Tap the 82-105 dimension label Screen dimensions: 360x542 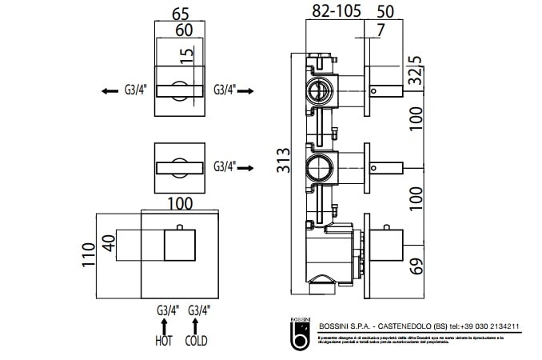coord(336,10)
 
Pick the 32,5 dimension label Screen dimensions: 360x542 coord(415,71)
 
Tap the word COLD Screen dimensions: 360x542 coord(197,341)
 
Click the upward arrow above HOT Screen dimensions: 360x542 coord(165,325)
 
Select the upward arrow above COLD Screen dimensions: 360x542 coord(196,325)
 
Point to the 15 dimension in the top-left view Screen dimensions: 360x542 coord(185,57)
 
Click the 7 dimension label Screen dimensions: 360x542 coord(380,30)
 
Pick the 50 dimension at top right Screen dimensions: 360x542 coord(385,10)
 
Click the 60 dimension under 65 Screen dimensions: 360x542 coord(183,30)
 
